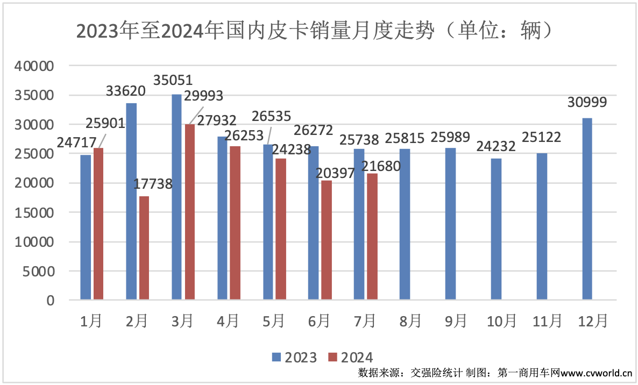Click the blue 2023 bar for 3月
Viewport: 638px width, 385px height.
[177, 197]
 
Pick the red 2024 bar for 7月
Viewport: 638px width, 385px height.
[372, 236]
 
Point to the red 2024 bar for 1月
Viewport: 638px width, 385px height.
[98, 224]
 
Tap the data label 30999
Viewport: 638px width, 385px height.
[587, 103]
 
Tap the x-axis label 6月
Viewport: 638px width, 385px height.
[319, 321]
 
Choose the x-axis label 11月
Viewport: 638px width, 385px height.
[547, 321]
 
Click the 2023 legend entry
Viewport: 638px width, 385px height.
[294, 357]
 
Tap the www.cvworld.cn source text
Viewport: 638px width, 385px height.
[597, 373]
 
